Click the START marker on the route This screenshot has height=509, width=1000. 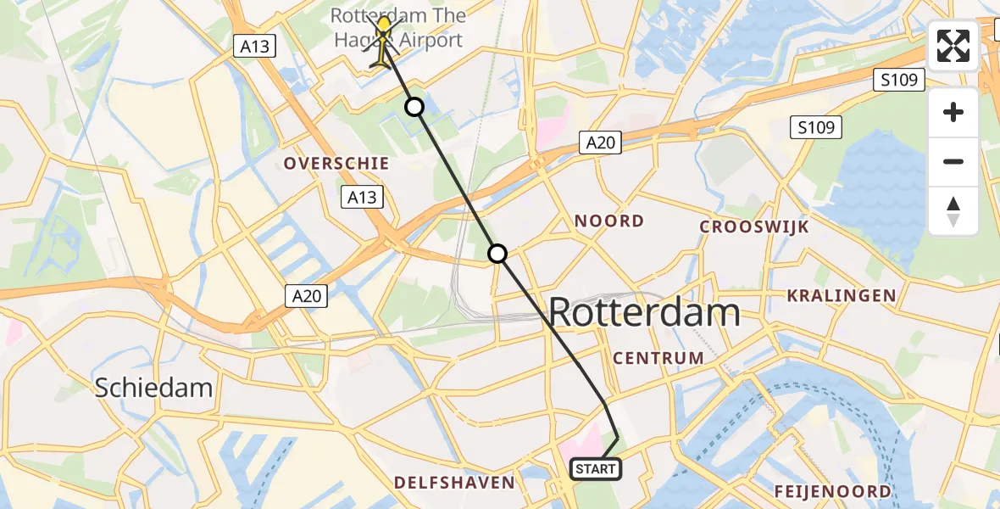597,469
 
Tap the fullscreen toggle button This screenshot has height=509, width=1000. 953,46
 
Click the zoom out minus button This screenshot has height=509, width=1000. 953,161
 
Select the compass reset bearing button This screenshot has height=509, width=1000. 953,210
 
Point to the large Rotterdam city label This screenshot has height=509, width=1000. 644,313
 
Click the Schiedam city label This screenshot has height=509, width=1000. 153,388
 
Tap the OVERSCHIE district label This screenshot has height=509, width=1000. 336,163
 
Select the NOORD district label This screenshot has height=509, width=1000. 609,221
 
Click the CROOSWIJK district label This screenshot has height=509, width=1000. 754,227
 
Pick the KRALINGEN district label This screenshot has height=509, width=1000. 842,295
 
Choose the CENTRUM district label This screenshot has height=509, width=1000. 658,357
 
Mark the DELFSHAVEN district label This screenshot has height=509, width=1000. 454,483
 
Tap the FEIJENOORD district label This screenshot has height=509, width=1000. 832,491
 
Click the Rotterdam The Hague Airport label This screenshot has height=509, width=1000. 397,27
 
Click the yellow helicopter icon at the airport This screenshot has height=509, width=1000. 384,41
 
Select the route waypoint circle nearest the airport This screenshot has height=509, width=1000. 414,107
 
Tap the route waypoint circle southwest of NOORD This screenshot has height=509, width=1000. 497,254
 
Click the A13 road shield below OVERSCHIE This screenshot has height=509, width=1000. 362,198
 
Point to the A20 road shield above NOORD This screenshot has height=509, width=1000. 600,143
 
